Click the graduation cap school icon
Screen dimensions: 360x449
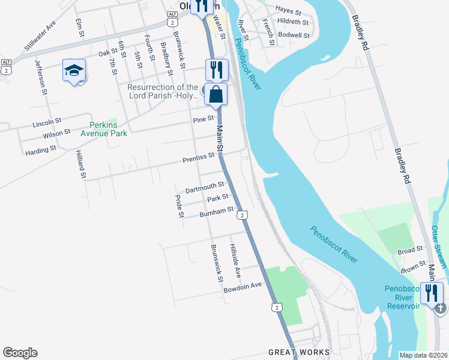click(74, 71)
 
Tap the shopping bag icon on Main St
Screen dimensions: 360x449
click(216, 94)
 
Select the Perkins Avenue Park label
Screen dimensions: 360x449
click(108, 129)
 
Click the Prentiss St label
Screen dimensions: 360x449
click(199, 157)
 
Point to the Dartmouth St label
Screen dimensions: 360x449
click(205, 188)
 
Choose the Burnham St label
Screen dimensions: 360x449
click(217, 211)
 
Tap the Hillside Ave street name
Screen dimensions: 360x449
click(235, 260)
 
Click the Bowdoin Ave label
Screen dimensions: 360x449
click(243, 286)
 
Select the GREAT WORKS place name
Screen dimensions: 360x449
click(299, 352)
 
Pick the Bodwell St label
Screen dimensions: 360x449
click(294, 35)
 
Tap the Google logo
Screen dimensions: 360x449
click(20, 353)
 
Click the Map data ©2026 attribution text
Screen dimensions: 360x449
click(423, 355)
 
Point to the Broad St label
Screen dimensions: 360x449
click(411, 251)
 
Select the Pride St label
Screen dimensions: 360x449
click(178, 206)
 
